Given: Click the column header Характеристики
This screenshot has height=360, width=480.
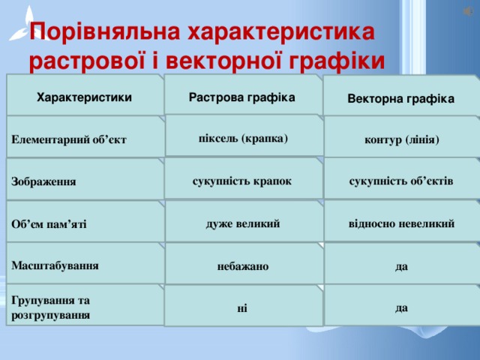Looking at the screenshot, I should point(84,97).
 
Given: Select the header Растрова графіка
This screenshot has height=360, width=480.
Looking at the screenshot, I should point(242,97).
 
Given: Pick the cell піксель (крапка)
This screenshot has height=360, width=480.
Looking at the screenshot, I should point(242,138).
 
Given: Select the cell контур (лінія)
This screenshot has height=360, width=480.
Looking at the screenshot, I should point(401,139).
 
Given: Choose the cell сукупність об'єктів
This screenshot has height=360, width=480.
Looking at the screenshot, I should point(401,181).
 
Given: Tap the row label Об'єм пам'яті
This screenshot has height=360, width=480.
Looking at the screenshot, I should point(49,224).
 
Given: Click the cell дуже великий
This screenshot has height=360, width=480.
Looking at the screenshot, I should point(242,223).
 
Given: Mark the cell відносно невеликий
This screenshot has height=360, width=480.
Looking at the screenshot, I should point(401,223).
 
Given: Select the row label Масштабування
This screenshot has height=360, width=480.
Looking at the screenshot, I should point(55,265).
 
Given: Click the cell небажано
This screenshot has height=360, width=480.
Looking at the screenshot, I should point(242,266).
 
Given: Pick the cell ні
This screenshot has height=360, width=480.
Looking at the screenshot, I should point(241,307).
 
